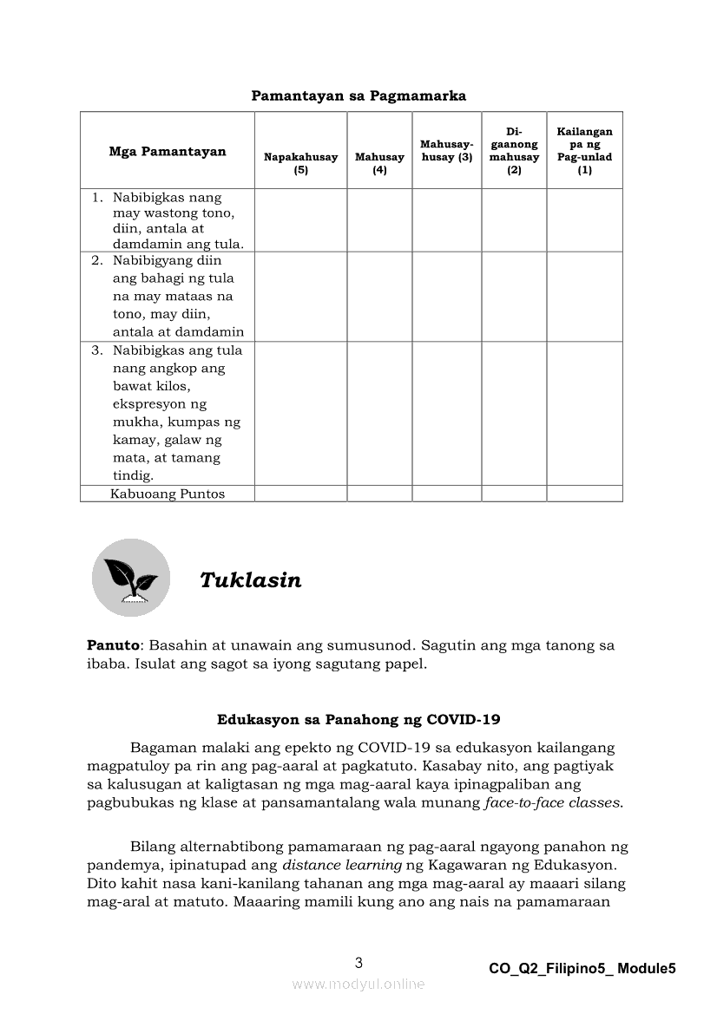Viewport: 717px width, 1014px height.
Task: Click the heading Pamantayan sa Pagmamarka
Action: tap(358, 95)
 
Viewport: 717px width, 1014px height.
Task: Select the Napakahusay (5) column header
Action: tap(300, 164)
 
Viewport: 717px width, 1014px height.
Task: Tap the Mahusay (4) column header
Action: tap(379, 164)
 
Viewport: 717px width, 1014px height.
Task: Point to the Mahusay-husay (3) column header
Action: tap(446, 151)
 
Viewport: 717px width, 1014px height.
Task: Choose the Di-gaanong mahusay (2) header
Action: tap(514, 151)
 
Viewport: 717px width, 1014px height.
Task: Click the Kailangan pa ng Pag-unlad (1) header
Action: tap(584, 151)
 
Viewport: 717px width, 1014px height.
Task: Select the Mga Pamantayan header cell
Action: tap(168, 151)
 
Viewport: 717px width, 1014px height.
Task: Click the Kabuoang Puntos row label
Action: tap(168, 494)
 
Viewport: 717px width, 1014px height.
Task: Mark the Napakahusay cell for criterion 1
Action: tap(300, 220)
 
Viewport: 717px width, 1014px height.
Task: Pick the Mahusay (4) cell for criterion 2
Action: tap(379, 296)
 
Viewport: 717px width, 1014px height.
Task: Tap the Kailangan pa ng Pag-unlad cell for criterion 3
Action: tap(584, 413)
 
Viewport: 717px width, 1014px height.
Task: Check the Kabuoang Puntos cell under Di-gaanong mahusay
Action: tap(514, 494)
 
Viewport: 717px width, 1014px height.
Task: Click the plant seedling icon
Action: tap(130, 578)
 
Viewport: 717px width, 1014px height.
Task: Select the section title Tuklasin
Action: tap(250, 580)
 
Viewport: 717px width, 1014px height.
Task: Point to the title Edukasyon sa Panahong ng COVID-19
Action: tap(358, 719)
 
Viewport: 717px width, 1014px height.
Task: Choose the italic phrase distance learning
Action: tap(342, 866)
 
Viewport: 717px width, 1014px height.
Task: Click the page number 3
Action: tap(358, 963)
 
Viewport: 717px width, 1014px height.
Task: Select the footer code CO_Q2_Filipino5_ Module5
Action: tap(582, 968)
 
